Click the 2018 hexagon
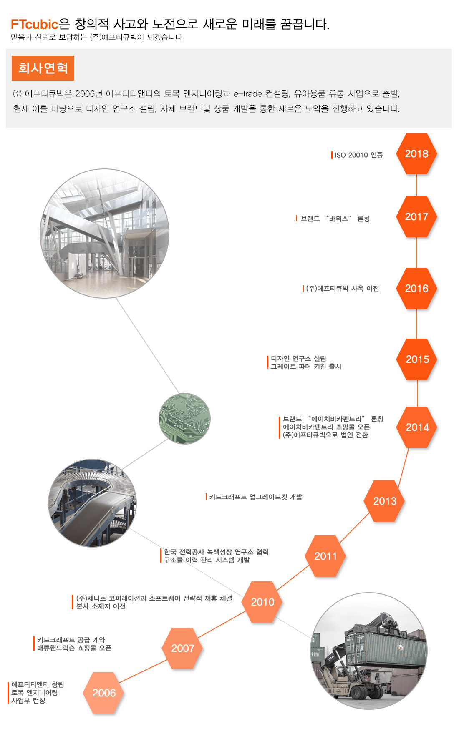(416, 153)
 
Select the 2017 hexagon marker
(416, 217)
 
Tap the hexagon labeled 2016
(416, 289)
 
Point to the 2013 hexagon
(384, 501)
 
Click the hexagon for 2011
(325, 556)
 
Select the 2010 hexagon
(262, 602)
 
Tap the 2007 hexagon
(182, 648)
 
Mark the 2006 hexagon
(104, 693)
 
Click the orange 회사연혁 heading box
(43, 68)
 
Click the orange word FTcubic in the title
(35, 24)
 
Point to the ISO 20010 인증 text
(359, 155)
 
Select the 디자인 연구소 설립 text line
(298, 359)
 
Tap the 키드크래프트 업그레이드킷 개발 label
(255, 497)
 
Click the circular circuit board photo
(184, 418)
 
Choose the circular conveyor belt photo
(93, 503)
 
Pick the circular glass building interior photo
(105, 234)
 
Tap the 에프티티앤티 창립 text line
(38, 685)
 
